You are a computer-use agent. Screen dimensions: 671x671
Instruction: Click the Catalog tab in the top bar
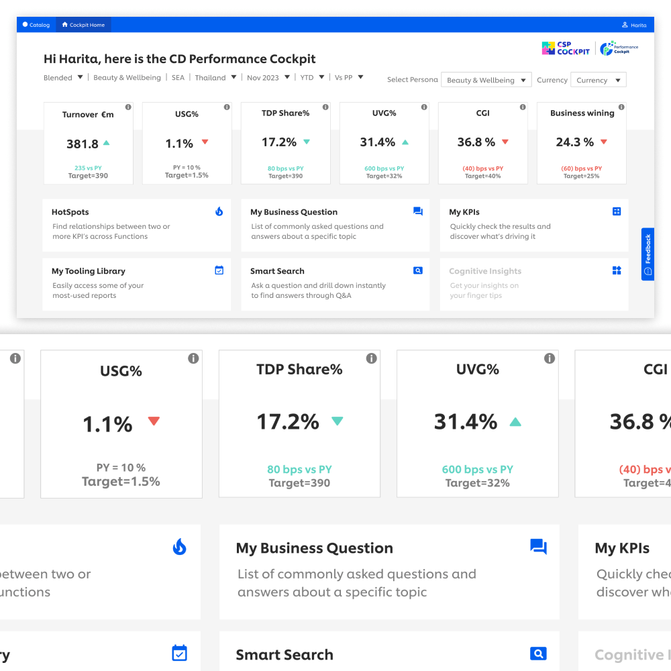coord(36,25)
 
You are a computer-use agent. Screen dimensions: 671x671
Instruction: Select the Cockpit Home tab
coord(84,25)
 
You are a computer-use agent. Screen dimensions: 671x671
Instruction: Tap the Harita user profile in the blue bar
coord(634,25)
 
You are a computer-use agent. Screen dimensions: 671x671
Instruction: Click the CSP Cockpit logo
coord(566,48)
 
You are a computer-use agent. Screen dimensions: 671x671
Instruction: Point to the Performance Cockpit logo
coord(619,48)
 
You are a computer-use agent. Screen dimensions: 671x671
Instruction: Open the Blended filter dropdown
coord(64,78)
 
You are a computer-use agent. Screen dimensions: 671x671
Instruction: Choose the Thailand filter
coord(215,78)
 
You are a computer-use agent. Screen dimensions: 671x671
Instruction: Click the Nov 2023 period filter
coord(268,78)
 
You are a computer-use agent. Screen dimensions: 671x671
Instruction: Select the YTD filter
coord(312,78)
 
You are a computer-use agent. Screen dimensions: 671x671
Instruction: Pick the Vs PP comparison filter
coord(349,78)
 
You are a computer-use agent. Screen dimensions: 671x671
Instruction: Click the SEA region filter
coord(178,78)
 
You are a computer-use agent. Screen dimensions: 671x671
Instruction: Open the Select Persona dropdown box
coord(486,80)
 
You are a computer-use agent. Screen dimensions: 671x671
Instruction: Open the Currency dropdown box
coord(598,80)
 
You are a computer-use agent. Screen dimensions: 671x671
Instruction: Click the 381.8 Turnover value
coord(83,144)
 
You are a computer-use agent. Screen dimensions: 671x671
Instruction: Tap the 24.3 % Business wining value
coord(575,142)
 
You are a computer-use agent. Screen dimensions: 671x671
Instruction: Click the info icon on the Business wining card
coord(621,107)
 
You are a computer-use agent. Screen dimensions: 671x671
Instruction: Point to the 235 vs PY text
coord(88,168)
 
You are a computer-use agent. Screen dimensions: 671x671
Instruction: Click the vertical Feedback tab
coord(648,254)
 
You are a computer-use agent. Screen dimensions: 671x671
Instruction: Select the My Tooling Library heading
coord(89,271)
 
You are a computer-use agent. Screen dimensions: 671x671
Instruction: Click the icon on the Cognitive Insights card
coord(617,270)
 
